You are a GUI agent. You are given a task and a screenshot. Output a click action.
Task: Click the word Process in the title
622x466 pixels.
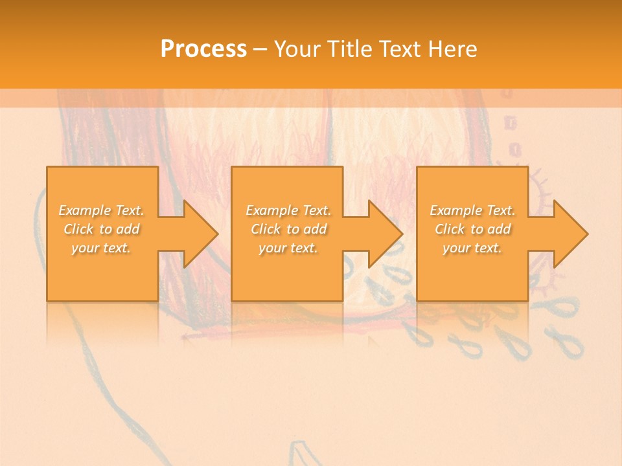tap(203, 49)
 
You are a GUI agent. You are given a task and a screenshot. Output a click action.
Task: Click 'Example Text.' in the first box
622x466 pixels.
tap(102, 210)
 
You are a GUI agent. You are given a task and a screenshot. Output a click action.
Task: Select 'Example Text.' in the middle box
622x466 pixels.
tap(288, 210)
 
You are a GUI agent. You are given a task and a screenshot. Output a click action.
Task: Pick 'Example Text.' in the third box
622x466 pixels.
tap(472, 210)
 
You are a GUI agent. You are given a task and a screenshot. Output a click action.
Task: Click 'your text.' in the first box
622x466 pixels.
tap(102, 248)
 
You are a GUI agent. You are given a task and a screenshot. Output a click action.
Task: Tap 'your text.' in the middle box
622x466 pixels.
tap(288, 248)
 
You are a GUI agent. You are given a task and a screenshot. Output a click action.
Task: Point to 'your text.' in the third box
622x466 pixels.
tap(472, 248)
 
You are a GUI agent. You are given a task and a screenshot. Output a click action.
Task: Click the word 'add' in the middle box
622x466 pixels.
tap(316, 229)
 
